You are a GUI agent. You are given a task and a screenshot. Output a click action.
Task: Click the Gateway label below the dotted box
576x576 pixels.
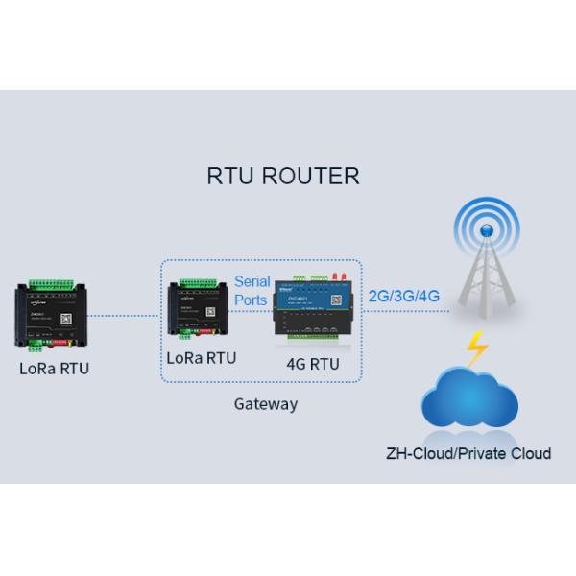(x=266, y=404)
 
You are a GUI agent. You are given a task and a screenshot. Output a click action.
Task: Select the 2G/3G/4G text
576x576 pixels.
(x=403, y=296)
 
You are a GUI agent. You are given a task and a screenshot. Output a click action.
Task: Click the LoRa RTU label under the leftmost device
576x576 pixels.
(x=54, y=368)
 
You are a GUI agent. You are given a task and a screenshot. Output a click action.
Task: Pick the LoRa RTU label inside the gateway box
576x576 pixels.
(x=202, y=357)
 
